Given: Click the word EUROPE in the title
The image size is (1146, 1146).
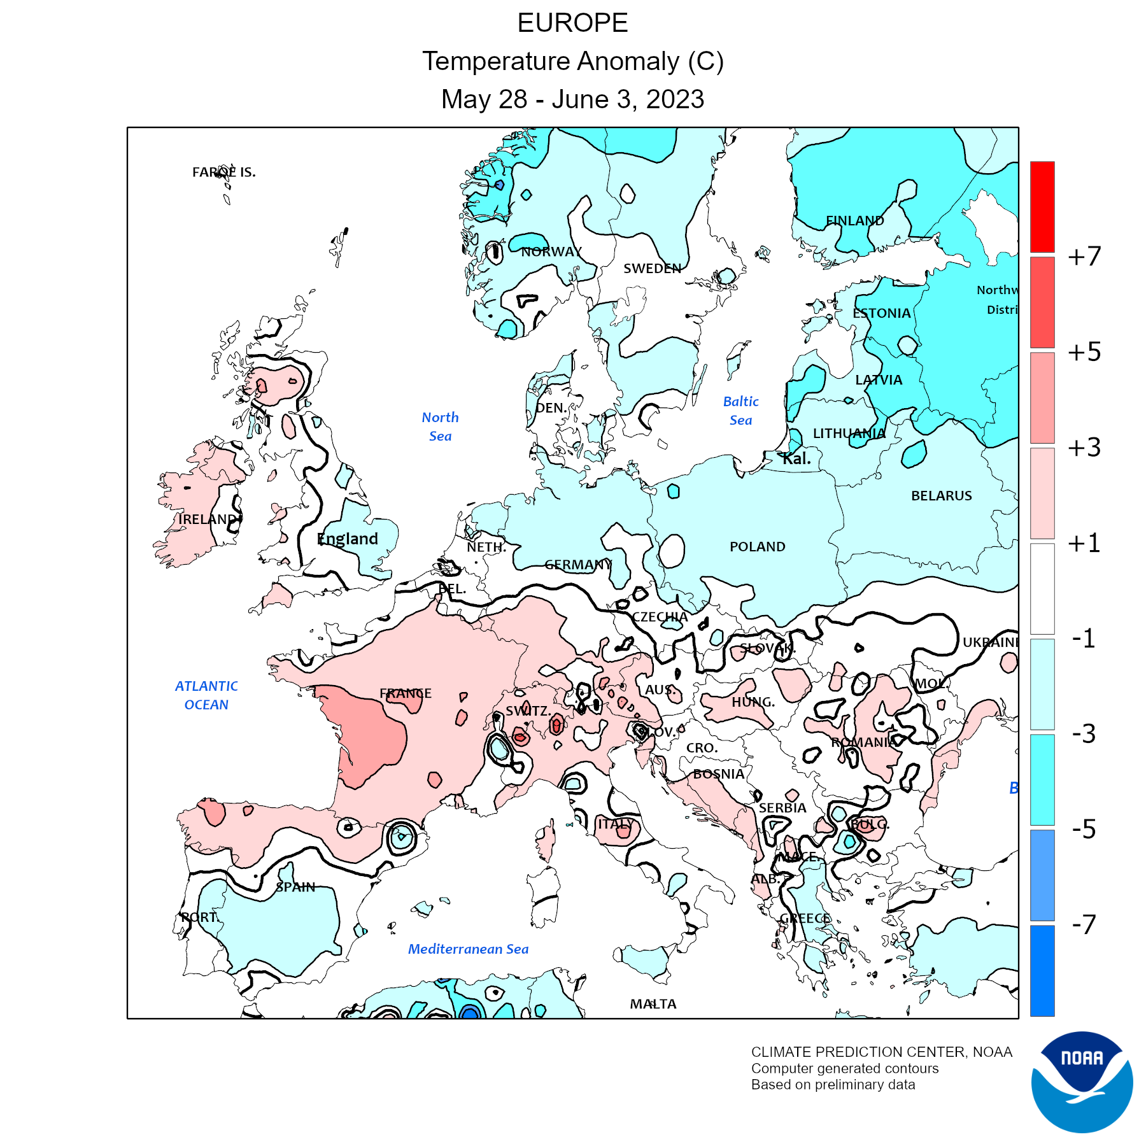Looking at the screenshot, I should click(x=572, y=24).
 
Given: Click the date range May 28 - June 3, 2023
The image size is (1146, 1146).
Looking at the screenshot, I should click(x=572, y=99).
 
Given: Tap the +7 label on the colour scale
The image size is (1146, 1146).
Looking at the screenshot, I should click(x=1084, y=256).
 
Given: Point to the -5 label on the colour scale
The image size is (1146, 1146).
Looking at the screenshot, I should click(x=1084, y=829).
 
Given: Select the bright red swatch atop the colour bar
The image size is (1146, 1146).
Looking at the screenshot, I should click(x=1042, y=206).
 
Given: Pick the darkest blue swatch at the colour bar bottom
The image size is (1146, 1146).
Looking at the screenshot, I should click(x=1042, y=970).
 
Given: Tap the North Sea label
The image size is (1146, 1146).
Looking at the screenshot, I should click(x=440, y=427).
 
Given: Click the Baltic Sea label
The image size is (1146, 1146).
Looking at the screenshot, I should click(x=740, y=411).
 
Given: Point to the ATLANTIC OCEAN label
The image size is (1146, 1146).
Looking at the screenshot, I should click(x=206, y=695).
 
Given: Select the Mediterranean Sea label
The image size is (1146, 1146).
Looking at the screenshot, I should click(x=468, y=949).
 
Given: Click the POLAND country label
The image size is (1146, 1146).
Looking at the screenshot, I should click(x=757, y=546).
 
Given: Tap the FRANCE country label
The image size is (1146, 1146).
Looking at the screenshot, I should click(x=406, y=693).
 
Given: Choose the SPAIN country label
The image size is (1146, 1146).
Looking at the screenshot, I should click(x=295, y=887).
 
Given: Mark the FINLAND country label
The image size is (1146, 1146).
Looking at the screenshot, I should click(x=854, y=221).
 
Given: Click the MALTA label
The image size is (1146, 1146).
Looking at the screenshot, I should click(x=653, y=1004).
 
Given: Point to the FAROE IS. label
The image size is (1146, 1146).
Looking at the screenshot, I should click(x=224, y=172).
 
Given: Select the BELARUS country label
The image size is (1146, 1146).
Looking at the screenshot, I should click(x=941, y=495).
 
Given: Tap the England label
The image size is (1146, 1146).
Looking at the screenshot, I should click(x=348, y=539).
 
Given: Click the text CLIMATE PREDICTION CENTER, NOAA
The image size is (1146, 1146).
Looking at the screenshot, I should click(x=881, y=1052).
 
